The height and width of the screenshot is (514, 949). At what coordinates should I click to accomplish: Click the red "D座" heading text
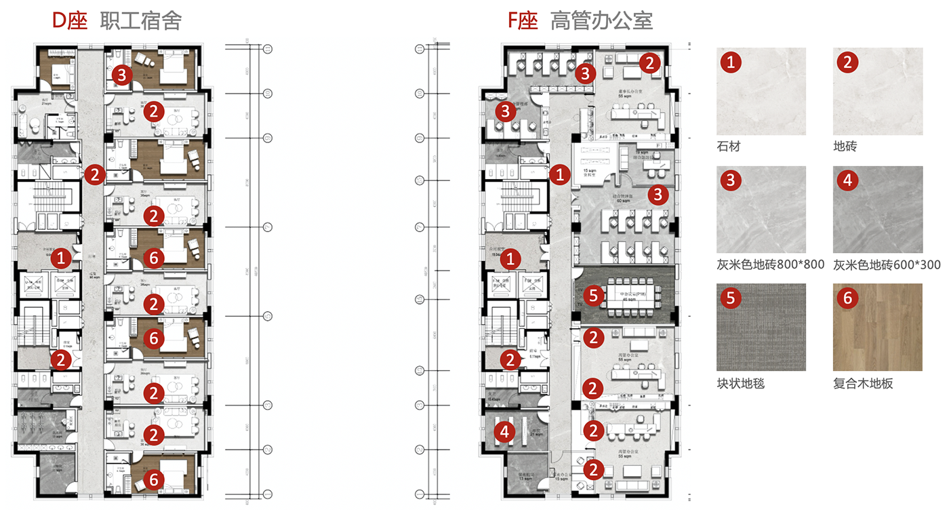pyautogui.click(x=70, y=21)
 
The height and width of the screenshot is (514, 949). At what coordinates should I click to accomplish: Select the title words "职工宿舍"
pyautogui.click(x=140, y=21)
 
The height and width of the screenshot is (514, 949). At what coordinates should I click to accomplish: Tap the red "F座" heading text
pyautogui.click(x=523, y=21)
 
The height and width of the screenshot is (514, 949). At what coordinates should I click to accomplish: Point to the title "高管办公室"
pyautogui.click(x=602, y=21)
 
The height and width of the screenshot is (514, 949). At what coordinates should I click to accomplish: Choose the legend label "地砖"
pyautogui.click(x=845, y=146)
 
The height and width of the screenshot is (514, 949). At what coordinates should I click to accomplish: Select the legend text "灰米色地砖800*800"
pyautogui.click(x=770, y=264)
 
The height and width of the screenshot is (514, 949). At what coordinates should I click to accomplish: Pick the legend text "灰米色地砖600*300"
pyautogui.click(x=887, y=264)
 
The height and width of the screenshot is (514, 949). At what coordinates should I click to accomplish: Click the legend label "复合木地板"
pyautogui.click(x=863, y=383)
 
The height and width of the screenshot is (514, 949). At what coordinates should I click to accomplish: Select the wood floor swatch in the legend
pyautogui.click(x=878, y=327)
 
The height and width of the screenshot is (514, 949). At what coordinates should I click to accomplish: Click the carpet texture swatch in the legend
pyautogui.click(x=761, y=327)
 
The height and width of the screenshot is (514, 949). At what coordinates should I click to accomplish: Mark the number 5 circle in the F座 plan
pyautogui.click(x=593, y=295)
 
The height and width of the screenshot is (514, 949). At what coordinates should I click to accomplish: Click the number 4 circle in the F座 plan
pyautogui.click(x=504, y=431)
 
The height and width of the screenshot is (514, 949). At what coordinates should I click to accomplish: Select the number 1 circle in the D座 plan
pyautogui.click(x=62, y=257)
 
